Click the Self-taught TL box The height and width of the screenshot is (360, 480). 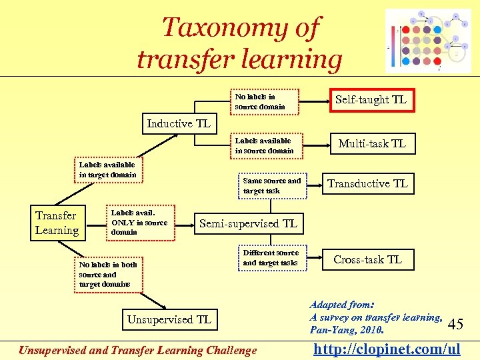click(x=371, y=100)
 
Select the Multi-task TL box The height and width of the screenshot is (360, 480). click(x=371, y=143)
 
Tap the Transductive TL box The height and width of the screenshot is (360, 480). click(x=367, y=183)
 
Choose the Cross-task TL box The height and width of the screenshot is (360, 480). click(x=367, y=259)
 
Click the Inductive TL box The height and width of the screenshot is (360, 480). click(x=179, y=123)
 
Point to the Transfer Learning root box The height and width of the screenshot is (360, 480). click(x=57, y=223)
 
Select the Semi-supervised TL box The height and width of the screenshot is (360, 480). click(x=248, y=223)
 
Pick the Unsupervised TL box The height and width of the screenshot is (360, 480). click(x=169, y=319)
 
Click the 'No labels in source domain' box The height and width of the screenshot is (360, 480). click(x=265, y=101)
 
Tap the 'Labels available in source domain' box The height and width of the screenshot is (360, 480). click(x=265, y=145)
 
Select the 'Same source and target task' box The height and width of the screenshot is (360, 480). click(x=272, y=185)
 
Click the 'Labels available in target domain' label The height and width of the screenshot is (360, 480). click(x=107, y=169)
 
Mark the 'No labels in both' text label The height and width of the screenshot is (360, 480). click(x=107, y=265)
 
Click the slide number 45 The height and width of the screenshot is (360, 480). click(x=456, y=325)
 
